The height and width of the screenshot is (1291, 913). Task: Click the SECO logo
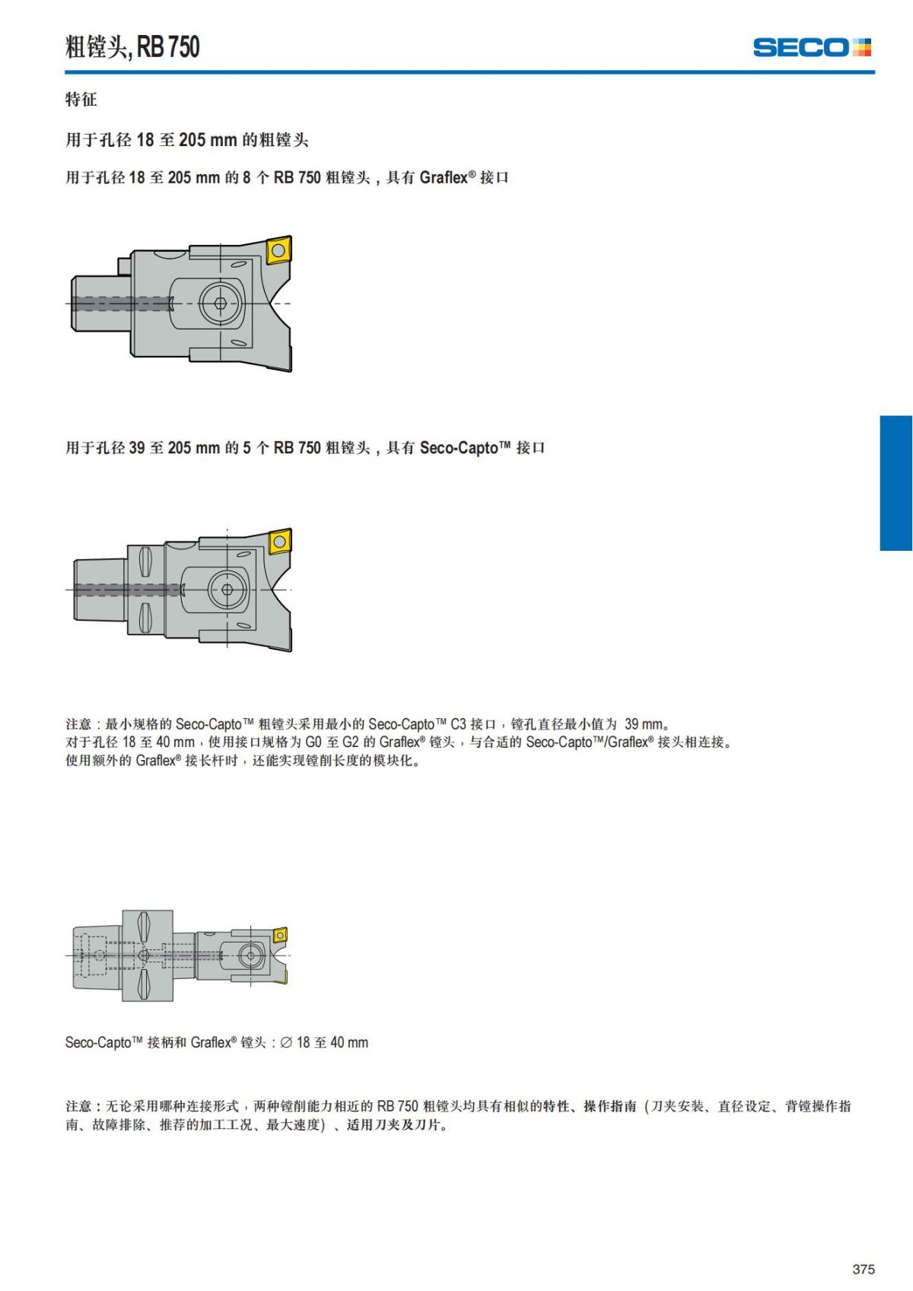812,47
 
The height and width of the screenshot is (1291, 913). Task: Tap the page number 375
864,1269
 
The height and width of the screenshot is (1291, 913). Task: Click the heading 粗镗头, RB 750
132,46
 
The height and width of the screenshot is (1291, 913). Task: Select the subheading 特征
81,99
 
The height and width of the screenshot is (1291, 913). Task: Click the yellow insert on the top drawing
279,250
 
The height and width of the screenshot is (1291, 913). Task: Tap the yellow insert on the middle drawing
279,541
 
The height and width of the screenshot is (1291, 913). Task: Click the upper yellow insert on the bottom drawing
280,934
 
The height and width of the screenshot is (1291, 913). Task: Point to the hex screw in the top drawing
220,303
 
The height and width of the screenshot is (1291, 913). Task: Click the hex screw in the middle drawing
227,590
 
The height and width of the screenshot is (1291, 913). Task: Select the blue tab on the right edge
896,483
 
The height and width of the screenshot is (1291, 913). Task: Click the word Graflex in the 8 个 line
444,177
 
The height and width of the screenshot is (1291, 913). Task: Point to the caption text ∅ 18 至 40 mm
324,1042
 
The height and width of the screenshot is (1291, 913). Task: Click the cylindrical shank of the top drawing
96,303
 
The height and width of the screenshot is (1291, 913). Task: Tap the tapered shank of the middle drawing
100,590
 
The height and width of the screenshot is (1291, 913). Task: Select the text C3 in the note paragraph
459,724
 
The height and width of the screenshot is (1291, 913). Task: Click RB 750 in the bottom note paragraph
397,1106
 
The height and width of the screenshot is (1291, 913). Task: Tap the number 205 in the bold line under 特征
192,139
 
